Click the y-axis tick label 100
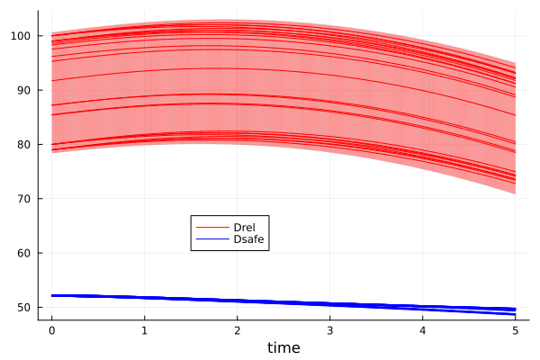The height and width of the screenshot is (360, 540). (x=22, y=36)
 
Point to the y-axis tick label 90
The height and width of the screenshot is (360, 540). (x=24, y=90)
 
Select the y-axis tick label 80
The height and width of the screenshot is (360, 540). (x=24, y=144)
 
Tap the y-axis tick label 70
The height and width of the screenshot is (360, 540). (x=24, y=199)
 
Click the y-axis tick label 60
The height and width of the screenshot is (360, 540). (x=24, y=253)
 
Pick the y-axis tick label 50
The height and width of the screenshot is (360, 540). (x=24, y=307)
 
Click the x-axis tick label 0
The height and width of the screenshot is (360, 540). (x=51, y=329)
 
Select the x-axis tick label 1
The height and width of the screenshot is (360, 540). (x=144, y=329)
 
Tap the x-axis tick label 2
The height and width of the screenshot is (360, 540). (x=237, y=329)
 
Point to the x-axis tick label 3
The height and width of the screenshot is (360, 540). (x=329, y=329)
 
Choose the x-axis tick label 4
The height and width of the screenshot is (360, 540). (x=422, y=329)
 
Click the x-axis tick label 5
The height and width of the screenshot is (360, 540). (x=515, y=329)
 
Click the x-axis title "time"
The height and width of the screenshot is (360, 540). (x=283, y=347)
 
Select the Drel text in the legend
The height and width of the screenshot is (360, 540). (x=245, y=227)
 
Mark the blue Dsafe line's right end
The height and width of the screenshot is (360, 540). (x=515, y=310)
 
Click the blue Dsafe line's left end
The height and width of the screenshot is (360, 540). (x=51, y=295)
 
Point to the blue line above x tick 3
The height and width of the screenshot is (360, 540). (x=329, y=304)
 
